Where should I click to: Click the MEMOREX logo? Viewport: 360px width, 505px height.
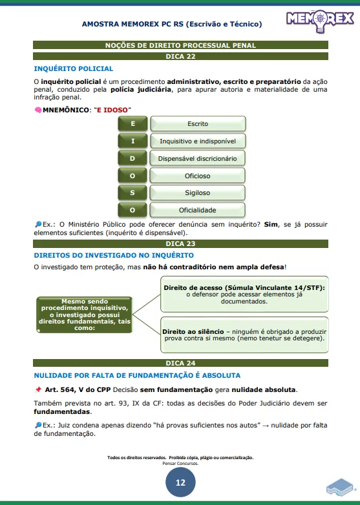coord(319,21)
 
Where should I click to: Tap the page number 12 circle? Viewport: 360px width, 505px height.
coord(180,482)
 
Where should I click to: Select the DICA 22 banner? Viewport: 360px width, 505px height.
coord(180,57)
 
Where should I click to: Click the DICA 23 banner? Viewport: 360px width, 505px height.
coord(180,244)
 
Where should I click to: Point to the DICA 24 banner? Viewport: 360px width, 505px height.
coord(180,364)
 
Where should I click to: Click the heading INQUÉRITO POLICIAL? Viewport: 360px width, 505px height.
coord(73,68)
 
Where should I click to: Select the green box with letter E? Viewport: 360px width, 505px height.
coord(132,123)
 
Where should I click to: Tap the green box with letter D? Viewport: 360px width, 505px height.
coord(132,158)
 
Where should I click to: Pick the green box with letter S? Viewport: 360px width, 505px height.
coord(132,192)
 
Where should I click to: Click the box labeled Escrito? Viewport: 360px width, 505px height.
coord(198,123)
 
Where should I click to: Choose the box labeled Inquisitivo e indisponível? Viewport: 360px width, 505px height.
coord(198,141)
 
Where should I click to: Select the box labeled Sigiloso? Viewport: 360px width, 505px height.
coord(198,192)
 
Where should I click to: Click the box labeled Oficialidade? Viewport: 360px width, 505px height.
coord(198,210)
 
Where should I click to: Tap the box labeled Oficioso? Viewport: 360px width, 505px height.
coord(198,176)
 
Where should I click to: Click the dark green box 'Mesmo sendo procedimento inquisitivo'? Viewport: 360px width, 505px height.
coord(85,314)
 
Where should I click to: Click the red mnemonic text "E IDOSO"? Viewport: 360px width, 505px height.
coord(112,110)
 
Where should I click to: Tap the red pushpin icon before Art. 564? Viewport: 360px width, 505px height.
coord(38,389)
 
